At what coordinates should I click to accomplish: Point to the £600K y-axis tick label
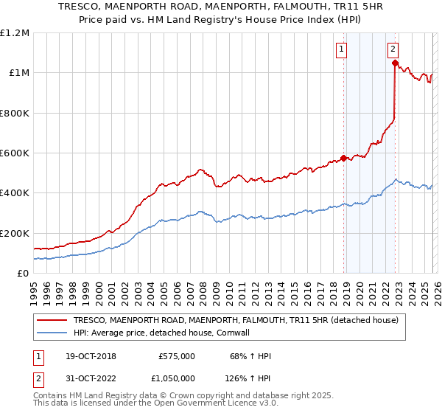point(15,153)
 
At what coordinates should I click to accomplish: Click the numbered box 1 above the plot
point(343,49)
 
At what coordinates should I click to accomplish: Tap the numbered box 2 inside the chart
point(393,49)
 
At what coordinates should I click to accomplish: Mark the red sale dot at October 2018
point(343,158)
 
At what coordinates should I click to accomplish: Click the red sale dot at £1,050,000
point(396,63)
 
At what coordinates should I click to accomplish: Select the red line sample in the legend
point(52,320)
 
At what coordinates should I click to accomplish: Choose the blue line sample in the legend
point(52,333)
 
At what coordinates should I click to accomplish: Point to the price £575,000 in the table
point(177,356)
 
